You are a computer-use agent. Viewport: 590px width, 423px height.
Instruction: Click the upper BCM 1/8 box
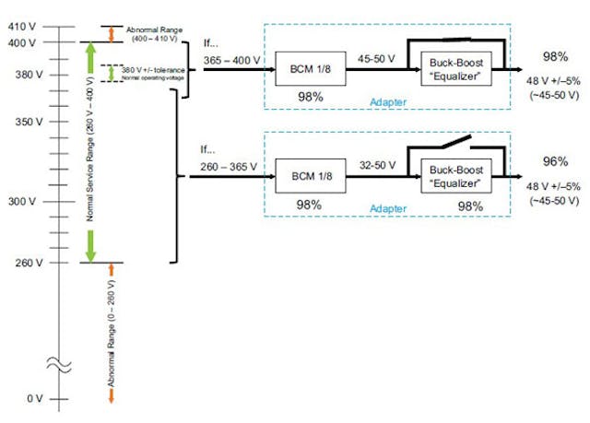point(310,69)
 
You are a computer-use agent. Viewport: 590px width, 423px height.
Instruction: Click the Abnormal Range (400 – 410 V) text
point(149,33)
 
